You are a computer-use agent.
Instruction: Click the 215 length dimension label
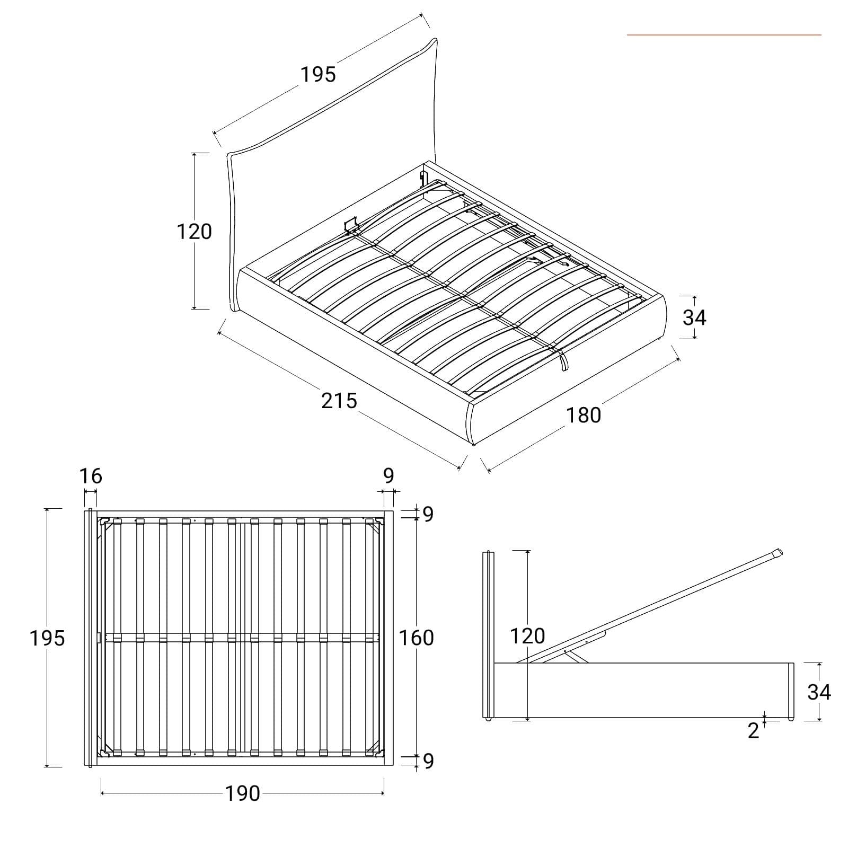pyautogui.click(x=339, y=401)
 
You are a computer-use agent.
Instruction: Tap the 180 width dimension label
pyautogui.click(x=584, y=415)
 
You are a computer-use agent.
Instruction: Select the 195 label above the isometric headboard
pyautogui.click(x=319, y=75)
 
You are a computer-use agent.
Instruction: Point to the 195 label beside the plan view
pyautogui.click(x=47, y=638)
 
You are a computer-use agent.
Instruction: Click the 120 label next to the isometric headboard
pyautogui.click(x=194, y=232)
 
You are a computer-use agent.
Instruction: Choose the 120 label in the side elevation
pyautogui.click(x=527, y=636)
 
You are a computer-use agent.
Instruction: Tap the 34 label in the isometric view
pyautogui.click(x=694, y=317)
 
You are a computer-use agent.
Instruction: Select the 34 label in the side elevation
pyautogui.click(x=819, y=692)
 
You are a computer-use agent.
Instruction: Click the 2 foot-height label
pyautogui.click(x=753, y=731)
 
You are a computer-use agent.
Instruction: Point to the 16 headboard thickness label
pyautogui.click(x=91, y=476)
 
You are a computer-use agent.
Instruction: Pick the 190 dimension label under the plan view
pyautogui.click(x=242, y=793)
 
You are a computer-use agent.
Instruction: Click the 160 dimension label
pyautogui.click(x=417, y=638)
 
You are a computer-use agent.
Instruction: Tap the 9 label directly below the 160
pyautogui.click(x=428, y=761)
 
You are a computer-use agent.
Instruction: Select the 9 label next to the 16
pyautogui.click(x=388, y=476)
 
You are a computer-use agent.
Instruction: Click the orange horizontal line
pyautogui.click(x=724, y=35)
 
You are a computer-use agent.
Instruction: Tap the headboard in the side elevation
pyautogui.click(x=488, y=635)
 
